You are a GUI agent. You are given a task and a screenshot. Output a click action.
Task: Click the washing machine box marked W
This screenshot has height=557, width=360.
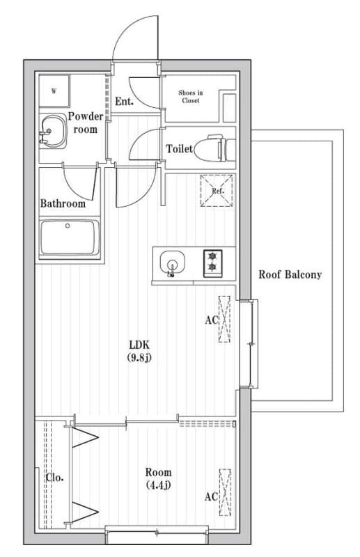(54, 91)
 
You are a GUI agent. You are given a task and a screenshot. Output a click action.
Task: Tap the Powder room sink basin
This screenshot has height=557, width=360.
(53, 131)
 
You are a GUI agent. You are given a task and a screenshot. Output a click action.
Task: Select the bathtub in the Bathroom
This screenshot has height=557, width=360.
(70, 237)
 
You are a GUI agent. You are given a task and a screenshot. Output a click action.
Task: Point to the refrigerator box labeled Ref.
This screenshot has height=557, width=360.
(217, 190)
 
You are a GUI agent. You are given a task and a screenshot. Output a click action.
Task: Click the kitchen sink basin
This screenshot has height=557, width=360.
(173, 263)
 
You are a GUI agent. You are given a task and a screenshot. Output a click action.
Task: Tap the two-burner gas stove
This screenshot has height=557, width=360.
(212, 263)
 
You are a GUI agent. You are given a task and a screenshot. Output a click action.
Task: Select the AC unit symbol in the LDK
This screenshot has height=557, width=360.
(224, 319)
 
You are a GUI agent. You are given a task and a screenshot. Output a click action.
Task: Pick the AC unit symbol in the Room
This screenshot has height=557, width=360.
(225, 492)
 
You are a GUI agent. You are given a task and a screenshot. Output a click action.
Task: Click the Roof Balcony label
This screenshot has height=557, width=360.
(290, 274)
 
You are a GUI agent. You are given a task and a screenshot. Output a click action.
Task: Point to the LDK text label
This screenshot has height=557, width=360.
(139, 344)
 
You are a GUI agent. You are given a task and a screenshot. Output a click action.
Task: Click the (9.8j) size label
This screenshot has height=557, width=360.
(139, 358)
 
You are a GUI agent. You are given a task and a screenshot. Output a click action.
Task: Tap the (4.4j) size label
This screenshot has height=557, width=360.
(159, 485)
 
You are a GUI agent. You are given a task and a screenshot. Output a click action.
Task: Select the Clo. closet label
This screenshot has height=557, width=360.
(55, 478)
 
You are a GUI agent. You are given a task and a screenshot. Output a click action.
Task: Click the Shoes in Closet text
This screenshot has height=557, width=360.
(191, 96)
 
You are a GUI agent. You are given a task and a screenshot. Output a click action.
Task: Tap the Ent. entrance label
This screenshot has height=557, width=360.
(125, 102)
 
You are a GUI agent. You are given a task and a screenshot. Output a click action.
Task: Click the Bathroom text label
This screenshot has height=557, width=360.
(63, 203)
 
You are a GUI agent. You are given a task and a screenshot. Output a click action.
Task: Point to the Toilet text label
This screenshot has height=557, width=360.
(180, 148)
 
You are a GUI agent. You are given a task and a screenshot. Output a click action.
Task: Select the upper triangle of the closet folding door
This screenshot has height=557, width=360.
(85, 438)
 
